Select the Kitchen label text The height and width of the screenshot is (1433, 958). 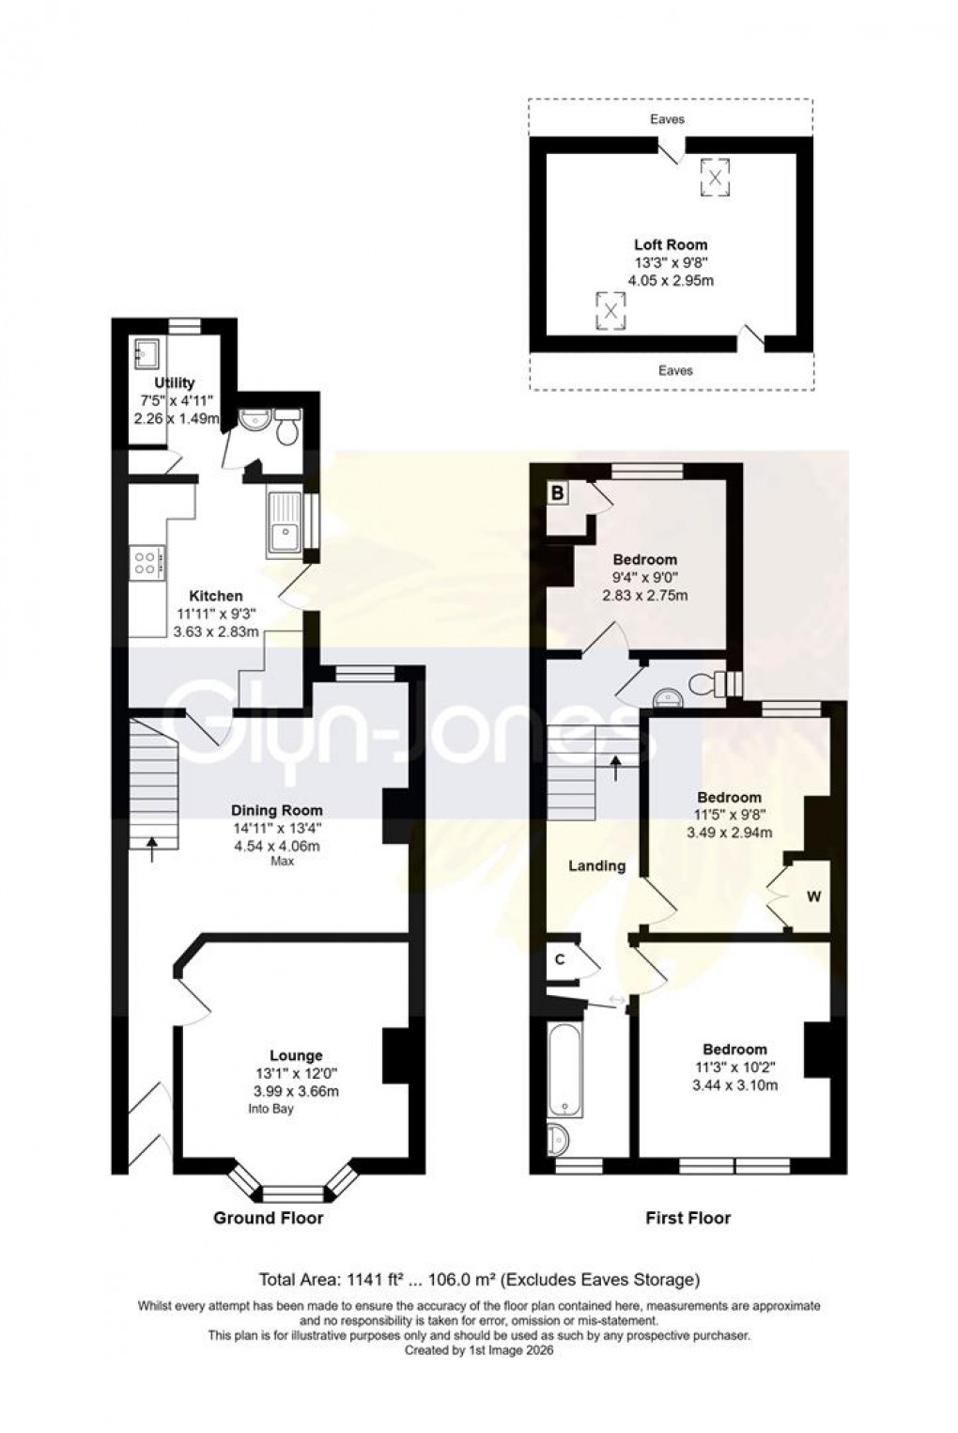[216, 596]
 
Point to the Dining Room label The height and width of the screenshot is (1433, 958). [277, 810]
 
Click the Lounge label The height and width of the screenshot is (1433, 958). [296, 1055]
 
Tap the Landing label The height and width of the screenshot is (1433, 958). [596, 865]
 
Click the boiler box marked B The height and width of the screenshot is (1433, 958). [558, 491]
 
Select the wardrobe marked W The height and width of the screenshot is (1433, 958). [813, 896]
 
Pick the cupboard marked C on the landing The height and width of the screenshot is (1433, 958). [560, 959]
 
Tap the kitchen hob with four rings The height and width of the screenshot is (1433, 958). [147, 563]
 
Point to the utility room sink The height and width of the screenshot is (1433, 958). [147, 354]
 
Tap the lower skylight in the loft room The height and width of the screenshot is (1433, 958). [610, 311]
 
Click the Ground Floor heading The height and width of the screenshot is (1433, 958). [268, 1218]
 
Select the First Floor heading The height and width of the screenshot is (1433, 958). [688, 1218]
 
